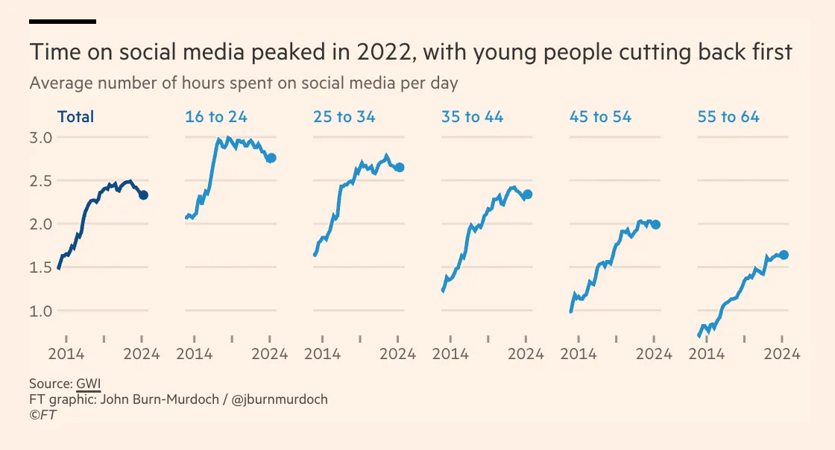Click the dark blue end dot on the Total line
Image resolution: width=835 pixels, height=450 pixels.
[144, 195]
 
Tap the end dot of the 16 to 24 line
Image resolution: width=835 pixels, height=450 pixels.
[271, 158]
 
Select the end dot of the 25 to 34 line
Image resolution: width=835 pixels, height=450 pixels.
[400, 168]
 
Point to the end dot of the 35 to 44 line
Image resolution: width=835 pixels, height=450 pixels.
[528, 194]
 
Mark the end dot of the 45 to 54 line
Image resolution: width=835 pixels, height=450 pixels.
[656, 224]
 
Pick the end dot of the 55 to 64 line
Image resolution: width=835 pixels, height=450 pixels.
[784, 256]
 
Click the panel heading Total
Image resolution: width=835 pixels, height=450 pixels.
[76, 117]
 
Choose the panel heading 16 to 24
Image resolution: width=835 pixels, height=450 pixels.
[216, 117]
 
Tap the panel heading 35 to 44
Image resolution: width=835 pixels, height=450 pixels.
[472, 117]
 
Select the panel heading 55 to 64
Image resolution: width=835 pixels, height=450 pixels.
[728, 117]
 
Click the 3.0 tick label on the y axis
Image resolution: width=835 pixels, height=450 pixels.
[41, 138]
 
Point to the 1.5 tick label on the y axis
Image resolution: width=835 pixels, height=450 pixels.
[41, 267]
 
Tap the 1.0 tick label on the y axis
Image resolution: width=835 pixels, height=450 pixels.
[41, 311]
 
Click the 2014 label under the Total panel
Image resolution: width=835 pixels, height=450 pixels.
[66, 354]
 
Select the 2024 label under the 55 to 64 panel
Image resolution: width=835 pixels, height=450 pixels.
[782, 354]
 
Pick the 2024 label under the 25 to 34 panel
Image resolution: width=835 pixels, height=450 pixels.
[398, 354]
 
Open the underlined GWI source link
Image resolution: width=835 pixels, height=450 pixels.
[88, 384]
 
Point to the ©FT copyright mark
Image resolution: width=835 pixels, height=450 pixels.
[43, 415]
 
